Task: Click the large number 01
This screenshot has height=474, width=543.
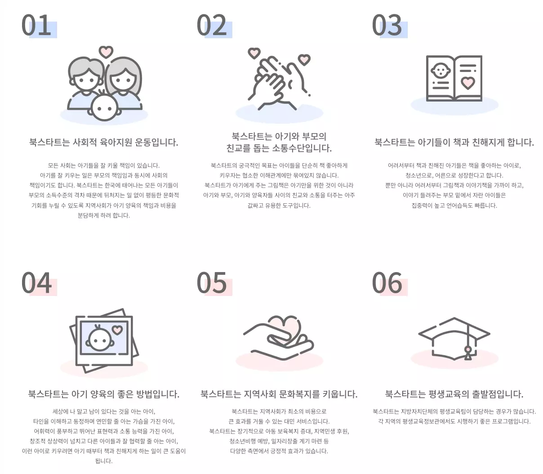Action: [36, 26]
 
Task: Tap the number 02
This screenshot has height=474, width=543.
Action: [212, 26]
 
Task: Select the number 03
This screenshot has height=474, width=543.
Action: [387, 26]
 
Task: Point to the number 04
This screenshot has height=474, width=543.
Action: [36, 283]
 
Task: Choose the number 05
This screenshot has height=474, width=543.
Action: [212, 283]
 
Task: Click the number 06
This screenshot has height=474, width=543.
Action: [387, 283]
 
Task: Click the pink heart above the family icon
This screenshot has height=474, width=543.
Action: [106, 52]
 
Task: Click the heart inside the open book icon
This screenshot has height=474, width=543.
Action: [468, 83]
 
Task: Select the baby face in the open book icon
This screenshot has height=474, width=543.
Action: [440, 71]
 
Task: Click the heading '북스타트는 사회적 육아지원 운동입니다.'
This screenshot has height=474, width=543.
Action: [104, 143]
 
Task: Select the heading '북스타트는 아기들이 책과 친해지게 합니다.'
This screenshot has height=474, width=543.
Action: [454, 143]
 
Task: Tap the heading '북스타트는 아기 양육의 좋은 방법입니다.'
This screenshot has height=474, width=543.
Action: [104, 394]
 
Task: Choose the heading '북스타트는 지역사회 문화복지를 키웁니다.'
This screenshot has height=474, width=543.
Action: [279, 394]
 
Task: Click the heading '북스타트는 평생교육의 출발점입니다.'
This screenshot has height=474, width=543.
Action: [454, 394]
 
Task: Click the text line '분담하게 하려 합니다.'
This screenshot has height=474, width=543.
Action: [104, 215]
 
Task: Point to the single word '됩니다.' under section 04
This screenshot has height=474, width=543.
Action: [104, 461]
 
